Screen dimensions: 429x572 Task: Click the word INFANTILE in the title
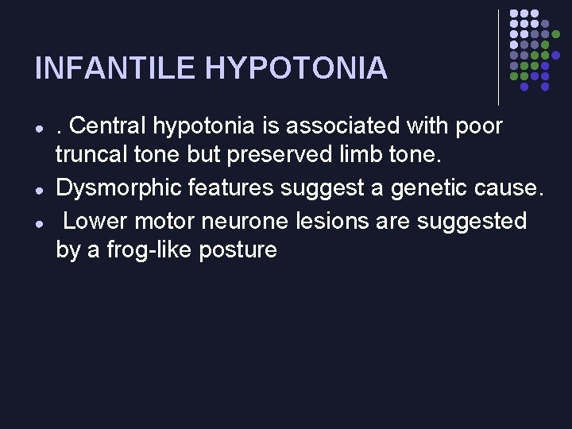coord(116,68)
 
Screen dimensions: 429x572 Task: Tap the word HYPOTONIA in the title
coord(296,68)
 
